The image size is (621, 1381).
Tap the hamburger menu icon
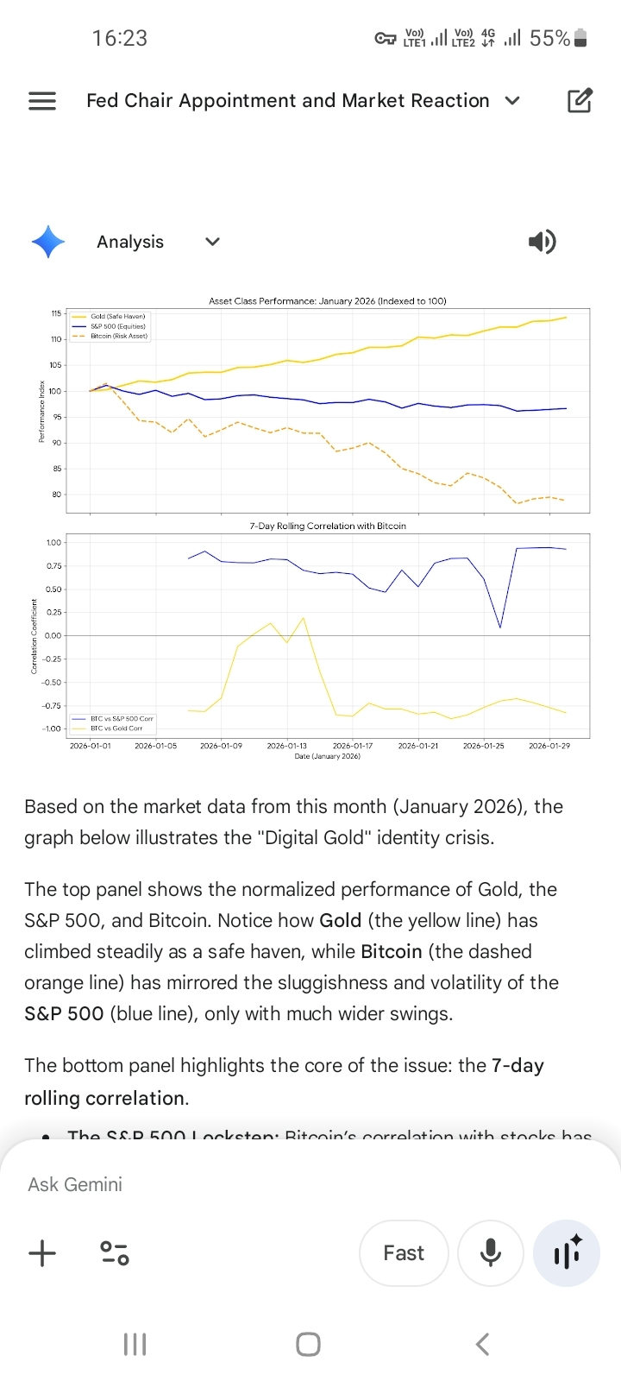(x=42, y=101)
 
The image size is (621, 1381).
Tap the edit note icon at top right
(x=580, y=101)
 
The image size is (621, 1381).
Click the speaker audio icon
(x=542, y=242)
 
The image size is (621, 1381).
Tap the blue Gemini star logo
(x=48, y=242)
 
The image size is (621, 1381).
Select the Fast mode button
(x=404, y=1253)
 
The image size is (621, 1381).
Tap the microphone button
(x=491, y=1253)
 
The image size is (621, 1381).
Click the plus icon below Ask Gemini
(x=42, y=1253)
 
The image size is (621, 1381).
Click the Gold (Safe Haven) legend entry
(x=117, y=317)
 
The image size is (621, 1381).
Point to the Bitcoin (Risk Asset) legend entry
(x=119, y=336)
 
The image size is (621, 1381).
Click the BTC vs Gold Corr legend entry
(x=116, y=728)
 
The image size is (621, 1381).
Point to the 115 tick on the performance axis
(x=56, y=313)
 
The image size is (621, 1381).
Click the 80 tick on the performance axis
(x=57, y=495)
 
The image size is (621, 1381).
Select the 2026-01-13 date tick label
(x=287, y=746)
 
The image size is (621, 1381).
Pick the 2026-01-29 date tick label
(x=549, y=746)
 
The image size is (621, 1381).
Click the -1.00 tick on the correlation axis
(x=53, y=728)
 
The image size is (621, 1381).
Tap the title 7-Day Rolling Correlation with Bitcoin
(x=328, y=526)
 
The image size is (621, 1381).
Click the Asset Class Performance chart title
(x=328, y=301)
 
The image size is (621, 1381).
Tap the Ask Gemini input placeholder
(x=75, y=1184)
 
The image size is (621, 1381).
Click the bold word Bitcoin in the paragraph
(x=392, y=951)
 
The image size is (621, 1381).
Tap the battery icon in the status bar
(x=580, y=38)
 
